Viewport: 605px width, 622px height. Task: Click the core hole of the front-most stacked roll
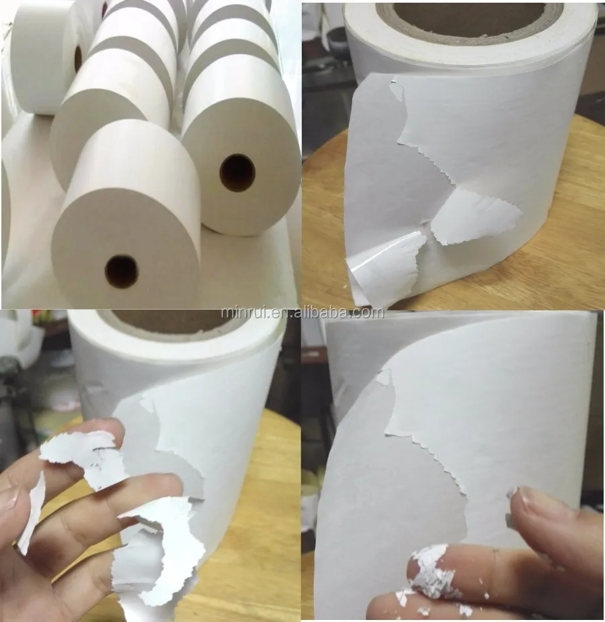pyautogui.click(x=121, y=271)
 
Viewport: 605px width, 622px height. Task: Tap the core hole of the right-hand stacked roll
pyautogui.click(x=237, y=173)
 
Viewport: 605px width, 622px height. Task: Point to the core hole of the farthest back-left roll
pyautogui.click(x=78, y=59)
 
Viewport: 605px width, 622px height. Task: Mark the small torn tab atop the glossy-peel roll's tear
pyautogui.click(x=397, y=90)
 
